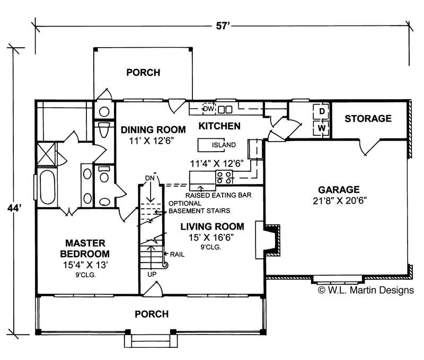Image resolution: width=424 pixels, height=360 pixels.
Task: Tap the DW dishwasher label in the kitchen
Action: pyautogui.click(x=208, y=109)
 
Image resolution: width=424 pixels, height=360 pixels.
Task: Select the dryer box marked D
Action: pyautogui.click(x=321, y=112)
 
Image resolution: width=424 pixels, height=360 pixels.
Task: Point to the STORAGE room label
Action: pyautogui.click(x=368, y=119)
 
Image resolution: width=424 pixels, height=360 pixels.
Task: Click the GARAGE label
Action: pyautogui.click(x=339, y=189)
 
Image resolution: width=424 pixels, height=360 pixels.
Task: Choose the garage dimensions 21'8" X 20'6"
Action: pyautogui.click(x=339, y=200)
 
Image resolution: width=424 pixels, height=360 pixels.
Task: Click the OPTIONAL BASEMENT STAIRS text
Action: pyautogui.click(x=185, y=207)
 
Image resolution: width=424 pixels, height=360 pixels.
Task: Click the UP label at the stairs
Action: pyautogui.click(x=152, y=274)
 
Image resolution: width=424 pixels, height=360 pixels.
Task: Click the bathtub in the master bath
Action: pyautogui.click(x=46, y=189)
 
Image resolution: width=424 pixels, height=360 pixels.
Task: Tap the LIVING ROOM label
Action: pyautogui.click(x=212, y=226)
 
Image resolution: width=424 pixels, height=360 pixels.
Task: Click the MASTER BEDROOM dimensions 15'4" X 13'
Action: pyautogui.click(x=85, y=264)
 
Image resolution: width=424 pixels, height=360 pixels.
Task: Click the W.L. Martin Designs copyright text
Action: pyautogui.click(x=365, y=289)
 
